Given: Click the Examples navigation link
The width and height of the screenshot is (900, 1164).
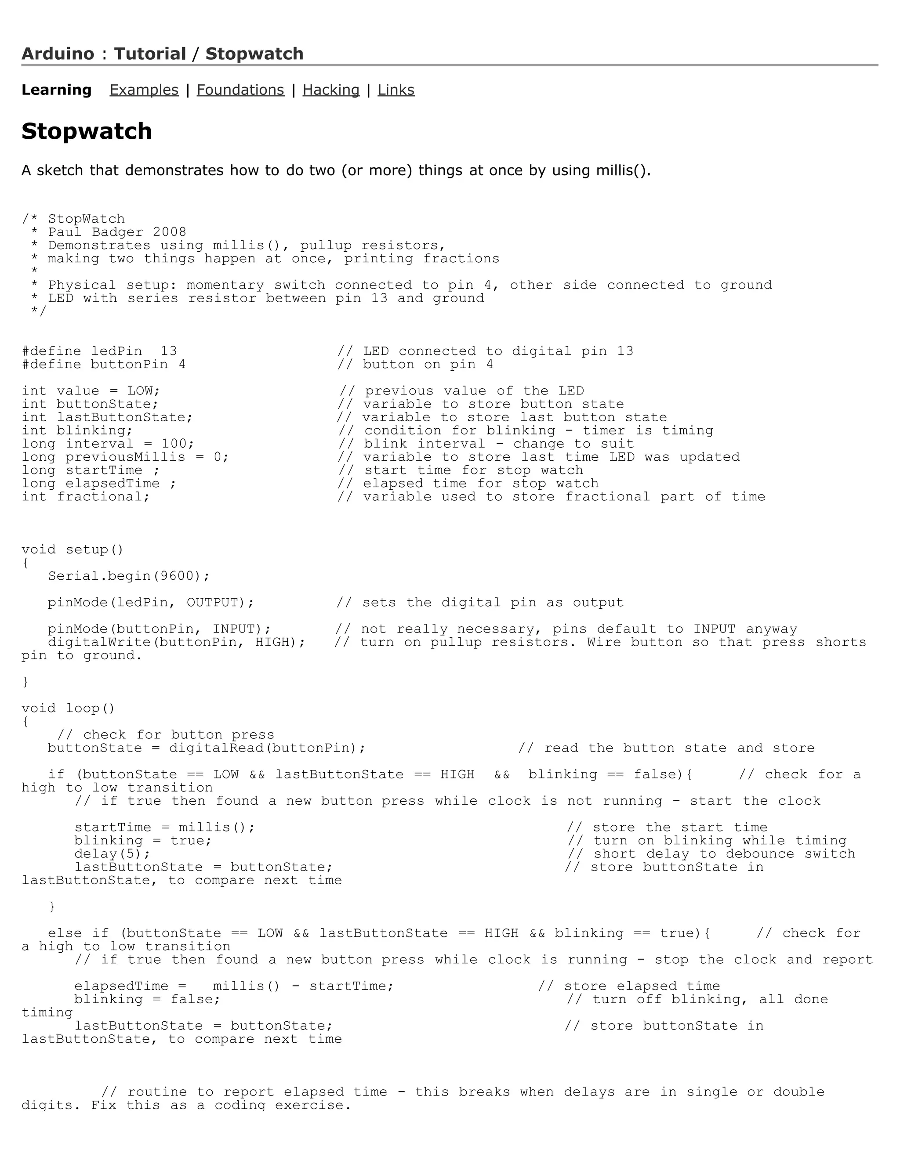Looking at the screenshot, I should (x=144, y=90).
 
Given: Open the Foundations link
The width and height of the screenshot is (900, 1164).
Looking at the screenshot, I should (x=240, y=90).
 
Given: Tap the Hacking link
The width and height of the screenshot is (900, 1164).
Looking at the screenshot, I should (x=331, y=90).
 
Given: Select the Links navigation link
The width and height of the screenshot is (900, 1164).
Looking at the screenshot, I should (x=396, y=90).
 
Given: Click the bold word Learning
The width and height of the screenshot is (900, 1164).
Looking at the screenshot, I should (x=57, y=90).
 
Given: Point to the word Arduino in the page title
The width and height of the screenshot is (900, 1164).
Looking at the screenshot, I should (x=58, y=54).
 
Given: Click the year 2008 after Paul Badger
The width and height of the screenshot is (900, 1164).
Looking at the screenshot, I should (x=170, y=232).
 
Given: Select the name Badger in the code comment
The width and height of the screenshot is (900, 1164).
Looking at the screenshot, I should (x=117, y=232).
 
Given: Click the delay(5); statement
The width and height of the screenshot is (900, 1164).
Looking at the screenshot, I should (x=112, y=854).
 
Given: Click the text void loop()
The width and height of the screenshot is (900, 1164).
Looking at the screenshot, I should (x=68, y=709).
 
